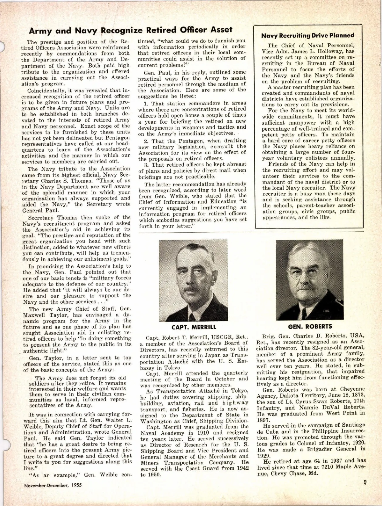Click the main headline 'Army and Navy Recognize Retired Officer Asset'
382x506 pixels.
(x=131, y=30)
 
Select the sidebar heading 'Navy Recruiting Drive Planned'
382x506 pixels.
(x=308, y=35)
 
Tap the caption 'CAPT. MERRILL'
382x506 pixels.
(x=194, y=327)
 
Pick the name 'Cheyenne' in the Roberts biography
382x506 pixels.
(x=352, y=389)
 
